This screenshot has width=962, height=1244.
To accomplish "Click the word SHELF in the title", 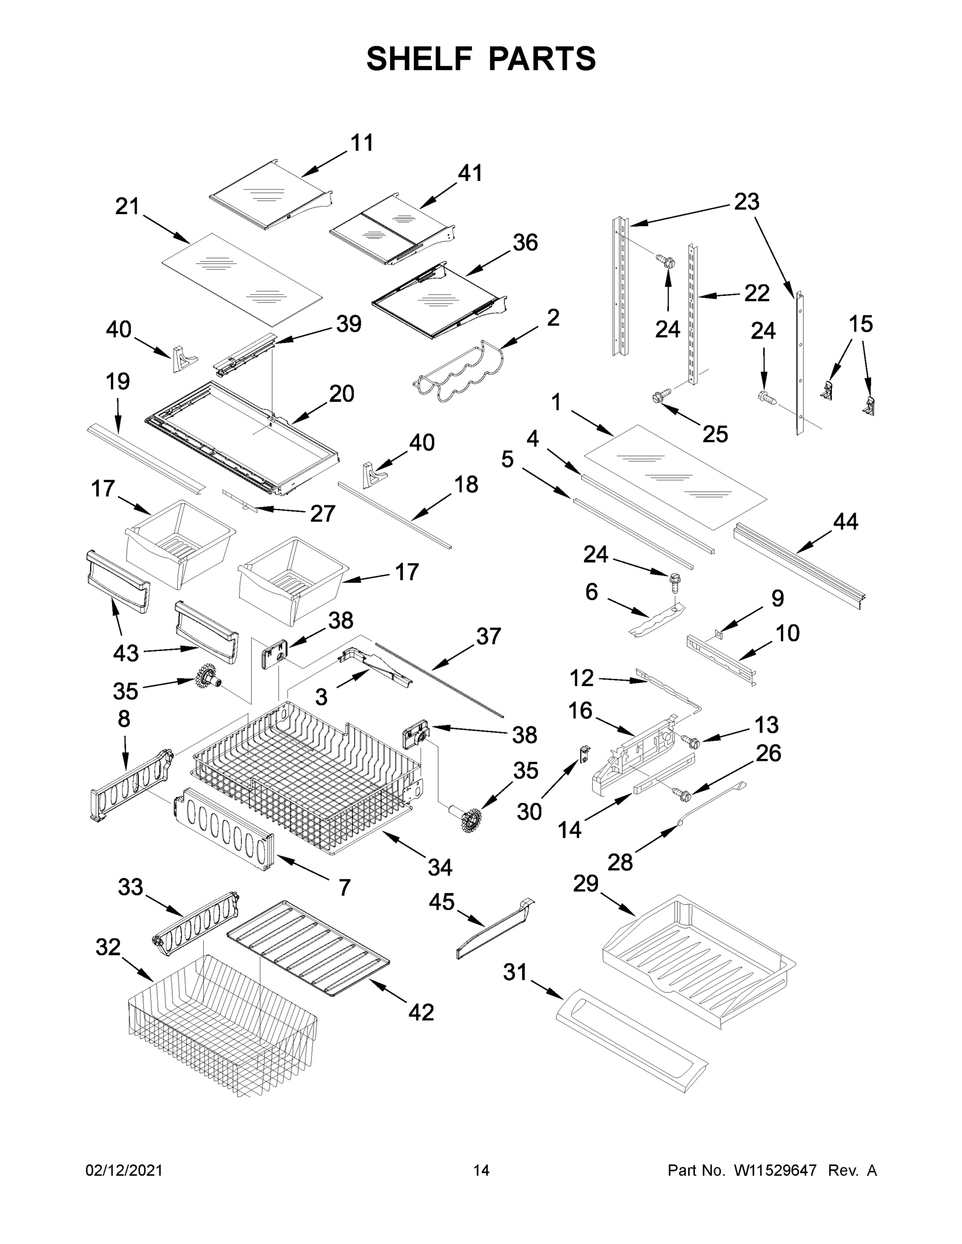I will [420, 59].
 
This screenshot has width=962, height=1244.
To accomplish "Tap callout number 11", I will [362, 143].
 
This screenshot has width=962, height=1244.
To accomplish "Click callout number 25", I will [715, 434].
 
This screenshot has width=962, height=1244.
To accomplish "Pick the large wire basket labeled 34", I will [308, 780].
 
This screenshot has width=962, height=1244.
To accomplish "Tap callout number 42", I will [421, 1012].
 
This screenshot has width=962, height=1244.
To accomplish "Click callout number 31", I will [514, 972].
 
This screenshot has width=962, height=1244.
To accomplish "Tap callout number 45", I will [442, 902].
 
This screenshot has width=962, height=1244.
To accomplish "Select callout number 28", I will [620, 863].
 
